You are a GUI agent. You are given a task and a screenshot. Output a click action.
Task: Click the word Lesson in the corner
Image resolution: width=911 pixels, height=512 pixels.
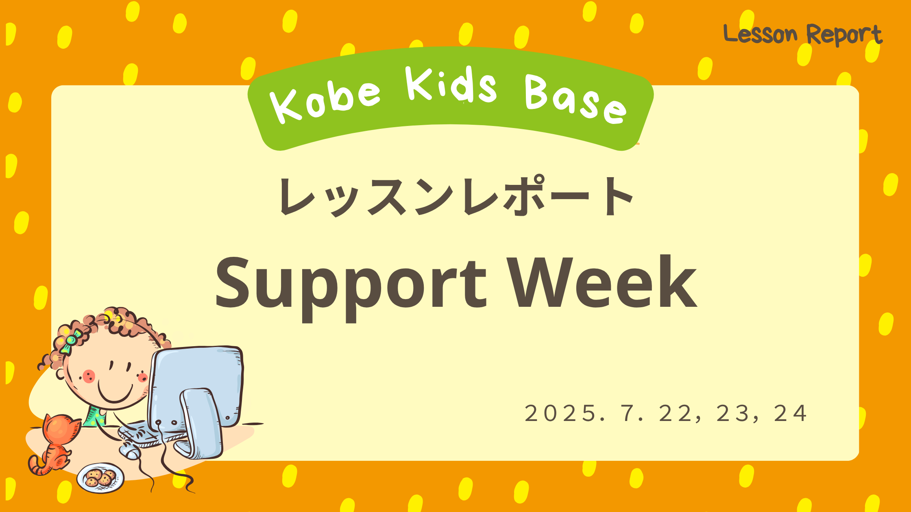(x=760, y=34)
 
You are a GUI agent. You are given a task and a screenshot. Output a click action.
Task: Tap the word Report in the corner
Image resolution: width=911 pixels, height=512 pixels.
(x=844, y=35)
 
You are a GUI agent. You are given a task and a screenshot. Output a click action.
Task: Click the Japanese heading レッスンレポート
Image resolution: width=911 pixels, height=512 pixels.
(x=455, y=196)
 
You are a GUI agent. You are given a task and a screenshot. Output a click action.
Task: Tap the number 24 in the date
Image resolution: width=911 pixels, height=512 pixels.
(x=790, y=414)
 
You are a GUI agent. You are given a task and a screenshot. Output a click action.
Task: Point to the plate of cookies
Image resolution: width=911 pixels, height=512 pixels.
(x=100, y=478)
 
